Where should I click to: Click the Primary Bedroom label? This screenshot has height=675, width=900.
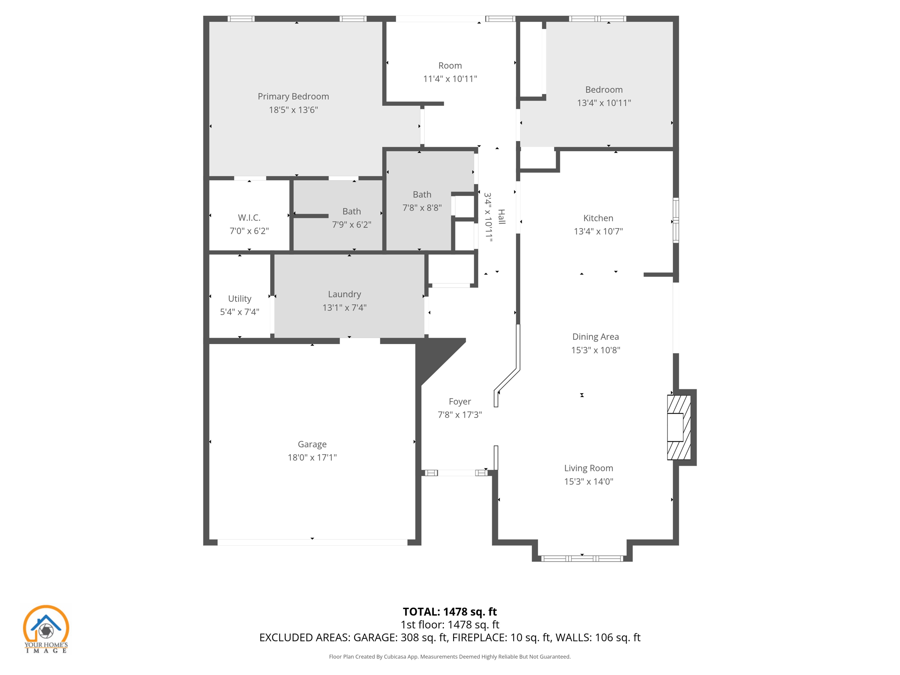[293, 97]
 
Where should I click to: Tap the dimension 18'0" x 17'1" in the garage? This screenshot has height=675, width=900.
[312, 457]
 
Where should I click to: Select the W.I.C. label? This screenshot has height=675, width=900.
[249, 218]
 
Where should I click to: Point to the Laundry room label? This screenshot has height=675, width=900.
[344, 294]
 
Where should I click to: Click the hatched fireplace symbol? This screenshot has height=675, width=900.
[679, 427]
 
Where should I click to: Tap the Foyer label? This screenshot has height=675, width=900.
[460, 402]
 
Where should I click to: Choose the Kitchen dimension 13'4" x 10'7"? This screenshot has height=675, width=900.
[598, 231]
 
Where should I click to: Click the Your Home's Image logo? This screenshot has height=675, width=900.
[46, 629]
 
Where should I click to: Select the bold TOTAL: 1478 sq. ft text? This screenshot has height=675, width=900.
[450, 612]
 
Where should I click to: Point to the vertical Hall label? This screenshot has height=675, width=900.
[501, 217]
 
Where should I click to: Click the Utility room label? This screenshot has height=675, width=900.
[240, 299]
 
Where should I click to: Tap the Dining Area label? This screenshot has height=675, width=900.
[595, 337]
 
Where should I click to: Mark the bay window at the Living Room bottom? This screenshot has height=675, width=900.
[582, 559]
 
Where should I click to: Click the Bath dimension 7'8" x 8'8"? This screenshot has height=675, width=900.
[422, 207]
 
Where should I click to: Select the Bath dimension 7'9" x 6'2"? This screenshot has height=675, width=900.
[352, 225]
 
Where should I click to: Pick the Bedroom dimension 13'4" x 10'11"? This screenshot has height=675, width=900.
[604, 103]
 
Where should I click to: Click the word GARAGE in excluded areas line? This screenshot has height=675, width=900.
[374, 638]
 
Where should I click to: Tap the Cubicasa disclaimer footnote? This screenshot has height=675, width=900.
[450, 657]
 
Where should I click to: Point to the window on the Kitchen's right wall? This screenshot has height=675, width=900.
[676, 220]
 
